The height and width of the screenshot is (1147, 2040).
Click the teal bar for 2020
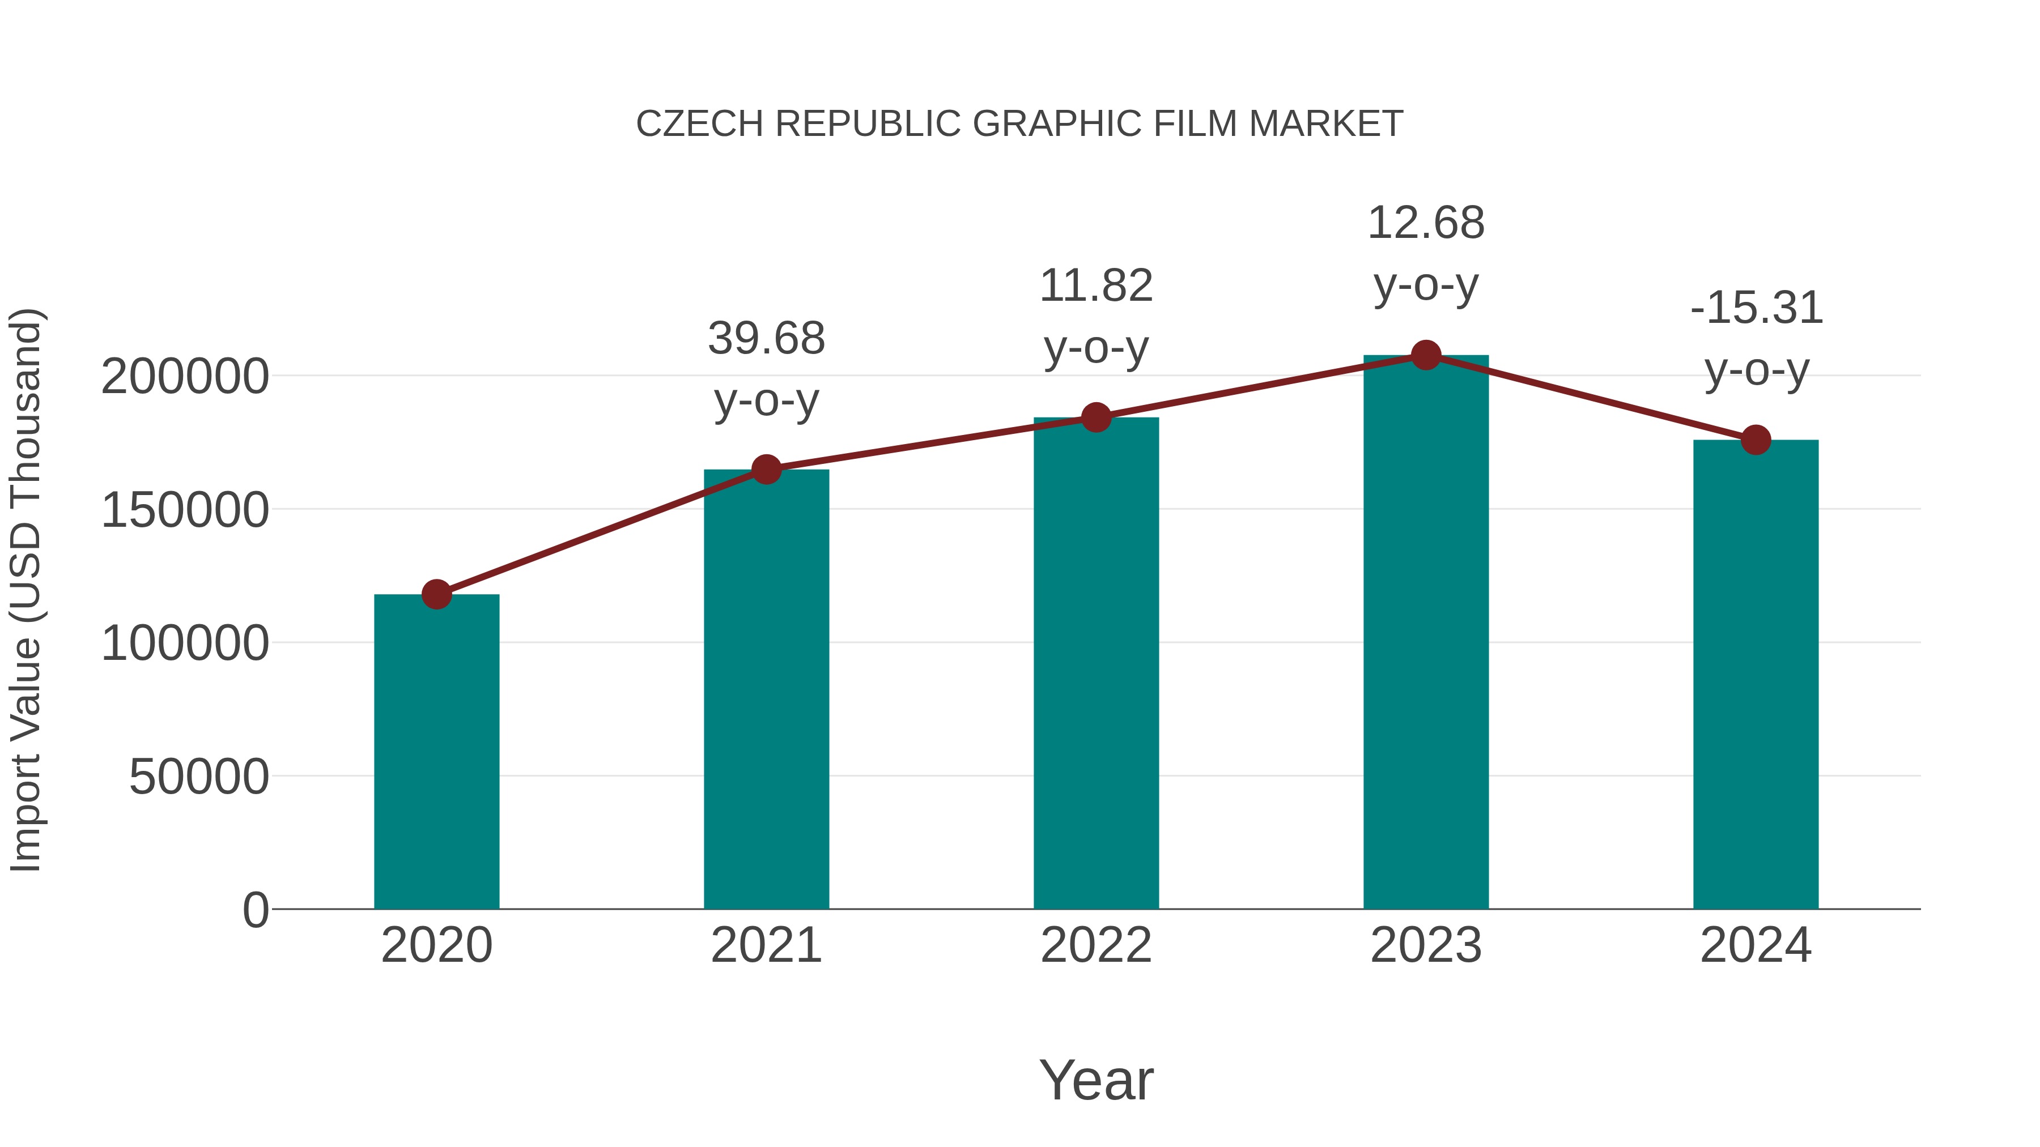coord(436,752)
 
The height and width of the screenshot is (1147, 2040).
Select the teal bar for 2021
coord(766,689)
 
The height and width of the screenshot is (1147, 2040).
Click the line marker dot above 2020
coord(436,594)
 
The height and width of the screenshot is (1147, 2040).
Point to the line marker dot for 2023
coord(1426,355)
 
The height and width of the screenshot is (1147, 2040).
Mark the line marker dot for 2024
coord(1756,440)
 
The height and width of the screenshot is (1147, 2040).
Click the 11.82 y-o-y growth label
coord(1096,316)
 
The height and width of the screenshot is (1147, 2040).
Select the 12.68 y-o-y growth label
coord(1426,253)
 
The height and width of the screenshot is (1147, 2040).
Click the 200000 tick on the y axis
coord(185,376)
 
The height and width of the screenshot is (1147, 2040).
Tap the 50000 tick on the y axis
coord(199,777)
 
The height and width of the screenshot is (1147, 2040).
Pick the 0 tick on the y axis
coord(255,910)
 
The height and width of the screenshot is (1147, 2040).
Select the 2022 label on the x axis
coord(1096,945)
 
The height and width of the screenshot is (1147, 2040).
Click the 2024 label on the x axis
coord(1756,945)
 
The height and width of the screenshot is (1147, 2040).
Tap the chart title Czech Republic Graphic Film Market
coord(1019,123)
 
